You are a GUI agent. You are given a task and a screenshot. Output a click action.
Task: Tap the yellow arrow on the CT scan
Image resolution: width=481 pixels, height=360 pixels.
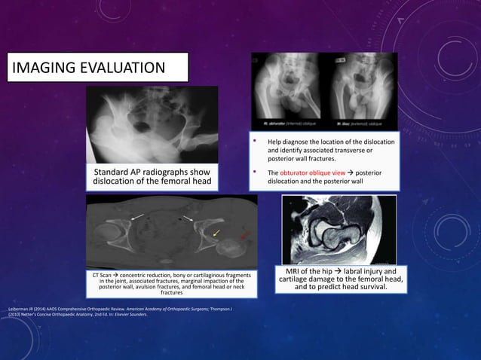(217, 232)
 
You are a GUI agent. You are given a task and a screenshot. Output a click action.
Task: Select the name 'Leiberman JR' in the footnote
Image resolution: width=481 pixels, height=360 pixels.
(17, 309)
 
